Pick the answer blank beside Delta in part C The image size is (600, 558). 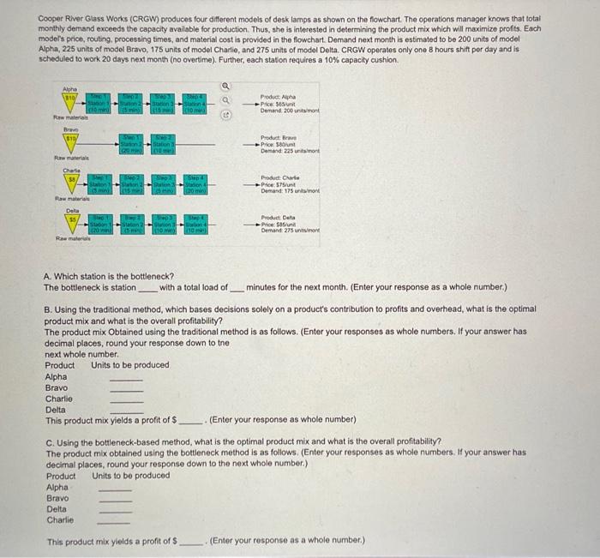(117, 509)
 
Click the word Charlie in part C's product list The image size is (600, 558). (59, 519)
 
